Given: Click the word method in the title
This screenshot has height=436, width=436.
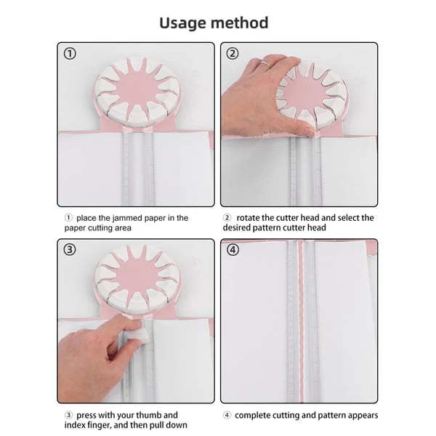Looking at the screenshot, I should [243, 23].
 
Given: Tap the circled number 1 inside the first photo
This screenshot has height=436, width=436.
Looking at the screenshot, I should [69, 54].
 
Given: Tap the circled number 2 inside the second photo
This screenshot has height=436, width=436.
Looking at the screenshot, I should [233, 54].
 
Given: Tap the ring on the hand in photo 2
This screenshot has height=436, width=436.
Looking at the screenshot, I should [267, 65].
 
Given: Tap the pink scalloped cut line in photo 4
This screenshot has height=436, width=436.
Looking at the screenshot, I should [297, 327].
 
